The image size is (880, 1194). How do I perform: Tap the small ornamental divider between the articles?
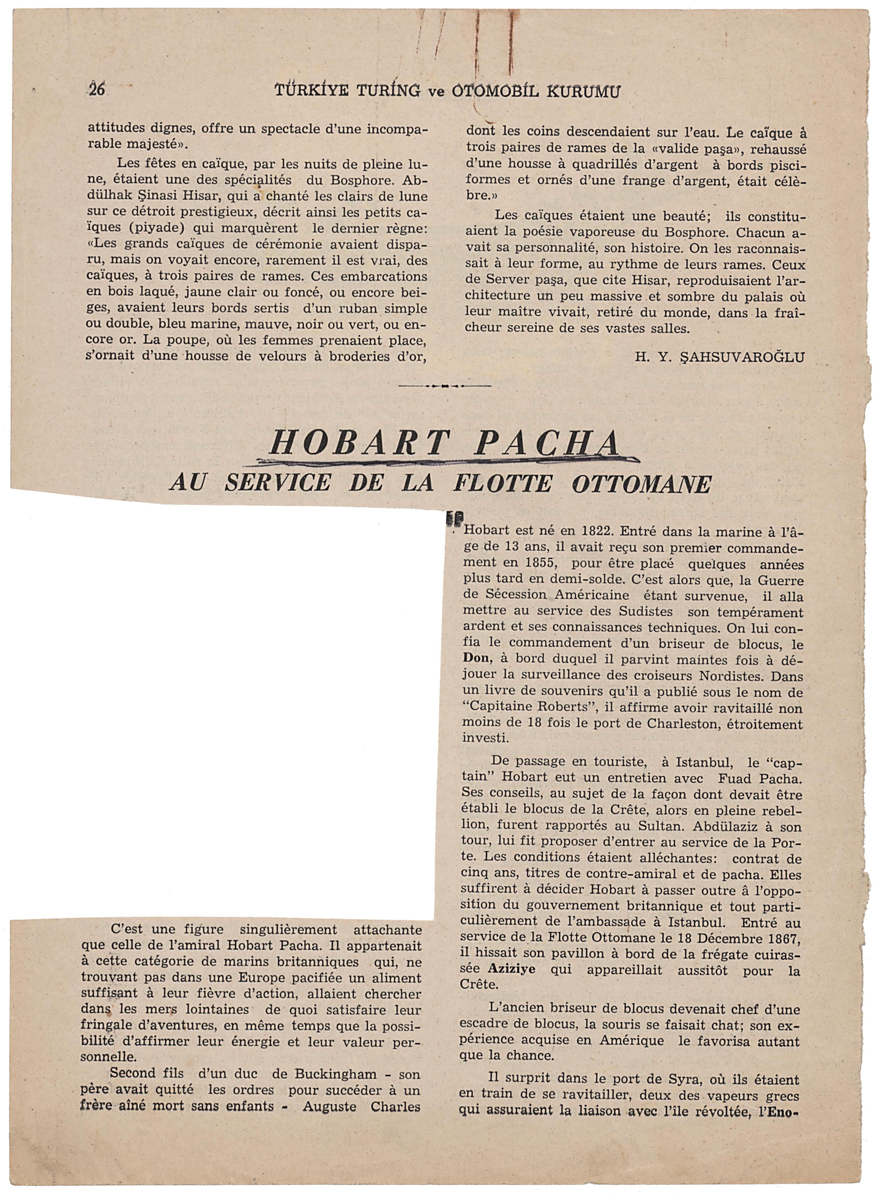pos(444,385)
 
